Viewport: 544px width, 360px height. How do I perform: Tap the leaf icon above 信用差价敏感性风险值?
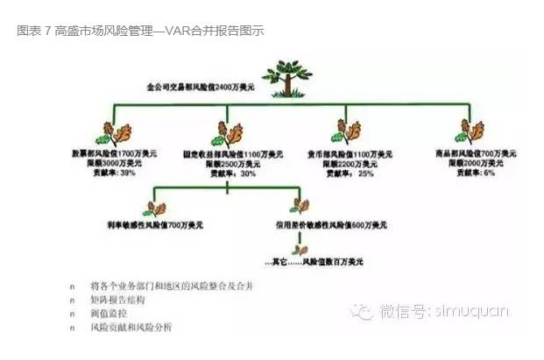click(x=300, y=208)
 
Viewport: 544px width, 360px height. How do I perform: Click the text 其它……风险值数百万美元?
click(x=314, y=262)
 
